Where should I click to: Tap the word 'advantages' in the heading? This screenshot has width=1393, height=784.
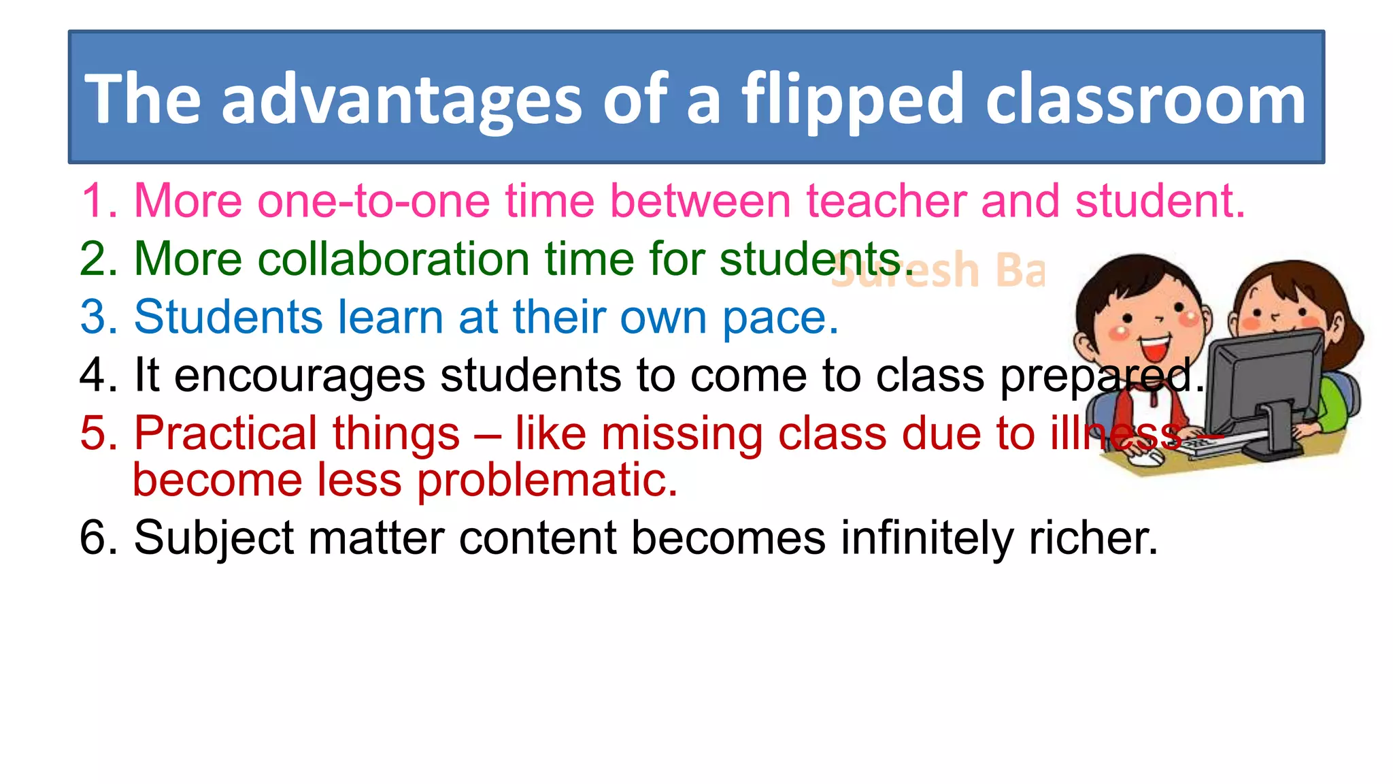(401, 100)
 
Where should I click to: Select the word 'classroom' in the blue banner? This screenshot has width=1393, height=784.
(1145, 100)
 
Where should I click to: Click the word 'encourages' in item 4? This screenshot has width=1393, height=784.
(299, 376)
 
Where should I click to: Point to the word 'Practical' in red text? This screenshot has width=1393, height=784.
(297, 434)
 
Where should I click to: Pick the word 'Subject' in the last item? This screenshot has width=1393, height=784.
(214, 539)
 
